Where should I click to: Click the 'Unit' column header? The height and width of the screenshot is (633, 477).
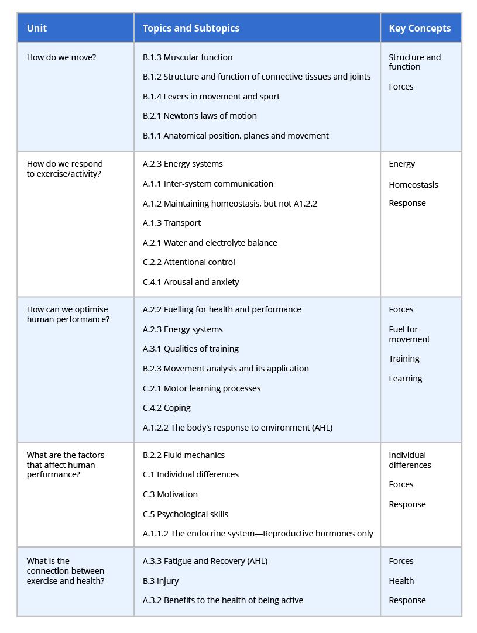(x=37, y=28)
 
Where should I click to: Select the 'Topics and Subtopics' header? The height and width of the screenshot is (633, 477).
(x=191, y=28)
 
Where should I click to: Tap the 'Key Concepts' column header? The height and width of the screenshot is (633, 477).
(x=420, y=28)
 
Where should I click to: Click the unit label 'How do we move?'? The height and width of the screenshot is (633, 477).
(x=61, y=57)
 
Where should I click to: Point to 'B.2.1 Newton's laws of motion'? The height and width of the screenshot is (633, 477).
(x=200, y=116)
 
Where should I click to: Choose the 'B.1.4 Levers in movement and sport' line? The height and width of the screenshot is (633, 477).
(x=211, y=97)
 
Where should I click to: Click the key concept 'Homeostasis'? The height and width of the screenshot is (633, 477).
(x=413, y=185)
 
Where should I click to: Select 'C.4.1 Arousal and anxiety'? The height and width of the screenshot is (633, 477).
(x=191, y=282)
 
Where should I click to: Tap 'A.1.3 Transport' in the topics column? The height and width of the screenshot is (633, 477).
(x=171, y=223)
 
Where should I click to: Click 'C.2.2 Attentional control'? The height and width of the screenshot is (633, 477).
(x=189, y=262)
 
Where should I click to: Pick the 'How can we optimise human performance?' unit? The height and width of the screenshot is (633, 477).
(x=67, y=315)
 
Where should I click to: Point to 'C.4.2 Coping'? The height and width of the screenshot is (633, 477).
(x=167, y=408)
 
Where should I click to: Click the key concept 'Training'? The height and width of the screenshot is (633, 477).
(x=404, y=359)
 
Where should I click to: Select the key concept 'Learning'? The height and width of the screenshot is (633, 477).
(x=405, y=379)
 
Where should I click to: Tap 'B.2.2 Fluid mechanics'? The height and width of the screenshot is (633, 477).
(x=184, y=455)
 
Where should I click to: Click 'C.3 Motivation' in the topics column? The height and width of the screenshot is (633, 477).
(x=170, y=494)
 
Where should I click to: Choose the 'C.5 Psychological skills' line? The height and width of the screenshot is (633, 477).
(x=186, y=514)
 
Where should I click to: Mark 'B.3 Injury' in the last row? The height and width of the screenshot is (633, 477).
(x=161, y=581)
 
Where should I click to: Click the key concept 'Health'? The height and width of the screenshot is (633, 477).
(x=401, y=581)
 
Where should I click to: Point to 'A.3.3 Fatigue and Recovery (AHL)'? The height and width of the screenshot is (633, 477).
(x=205, y=561)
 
